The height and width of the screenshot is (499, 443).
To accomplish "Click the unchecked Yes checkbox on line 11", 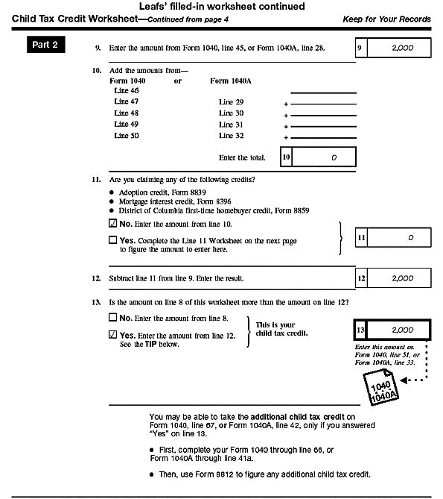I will point(112,241).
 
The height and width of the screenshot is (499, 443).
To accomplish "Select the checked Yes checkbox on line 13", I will point(112,336).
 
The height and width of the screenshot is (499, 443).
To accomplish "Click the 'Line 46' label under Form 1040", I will point(127,90).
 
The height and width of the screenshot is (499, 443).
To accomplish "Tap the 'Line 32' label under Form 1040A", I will point(232,136).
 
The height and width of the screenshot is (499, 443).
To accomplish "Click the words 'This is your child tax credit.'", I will point(281,329).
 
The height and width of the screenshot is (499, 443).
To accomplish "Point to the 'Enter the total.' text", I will point(242,158).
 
